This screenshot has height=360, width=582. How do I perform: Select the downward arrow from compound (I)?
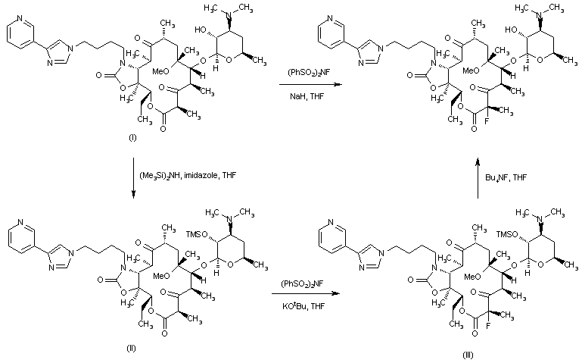pyautogui.click(x=132, y=178)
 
